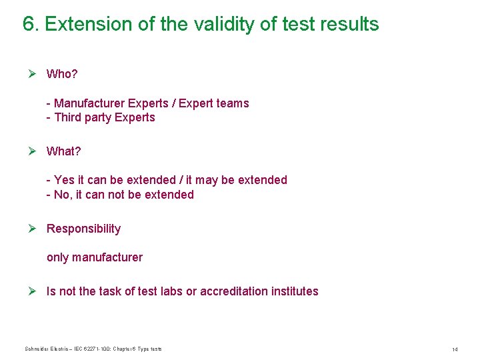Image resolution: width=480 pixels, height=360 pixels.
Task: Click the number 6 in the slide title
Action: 29,25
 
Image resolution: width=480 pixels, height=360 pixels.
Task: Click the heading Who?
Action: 62,73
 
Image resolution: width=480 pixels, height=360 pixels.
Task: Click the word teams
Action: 233,103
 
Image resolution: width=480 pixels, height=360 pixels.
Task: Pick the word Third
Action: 67,117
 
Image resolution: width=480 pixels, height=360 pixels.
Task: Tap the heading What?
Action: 63,151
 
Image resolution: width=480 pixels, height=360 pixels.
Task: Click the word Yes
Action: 65,180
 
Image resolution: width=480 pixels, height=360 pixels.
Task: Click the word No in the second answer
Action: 62,195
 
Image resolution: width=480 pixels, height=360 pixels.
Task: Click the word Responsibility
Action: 83,229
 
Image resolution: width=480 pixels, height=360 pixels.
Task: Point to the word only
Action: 57,257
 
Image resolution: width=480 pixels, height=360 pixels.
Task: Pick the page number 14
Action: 455,349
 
